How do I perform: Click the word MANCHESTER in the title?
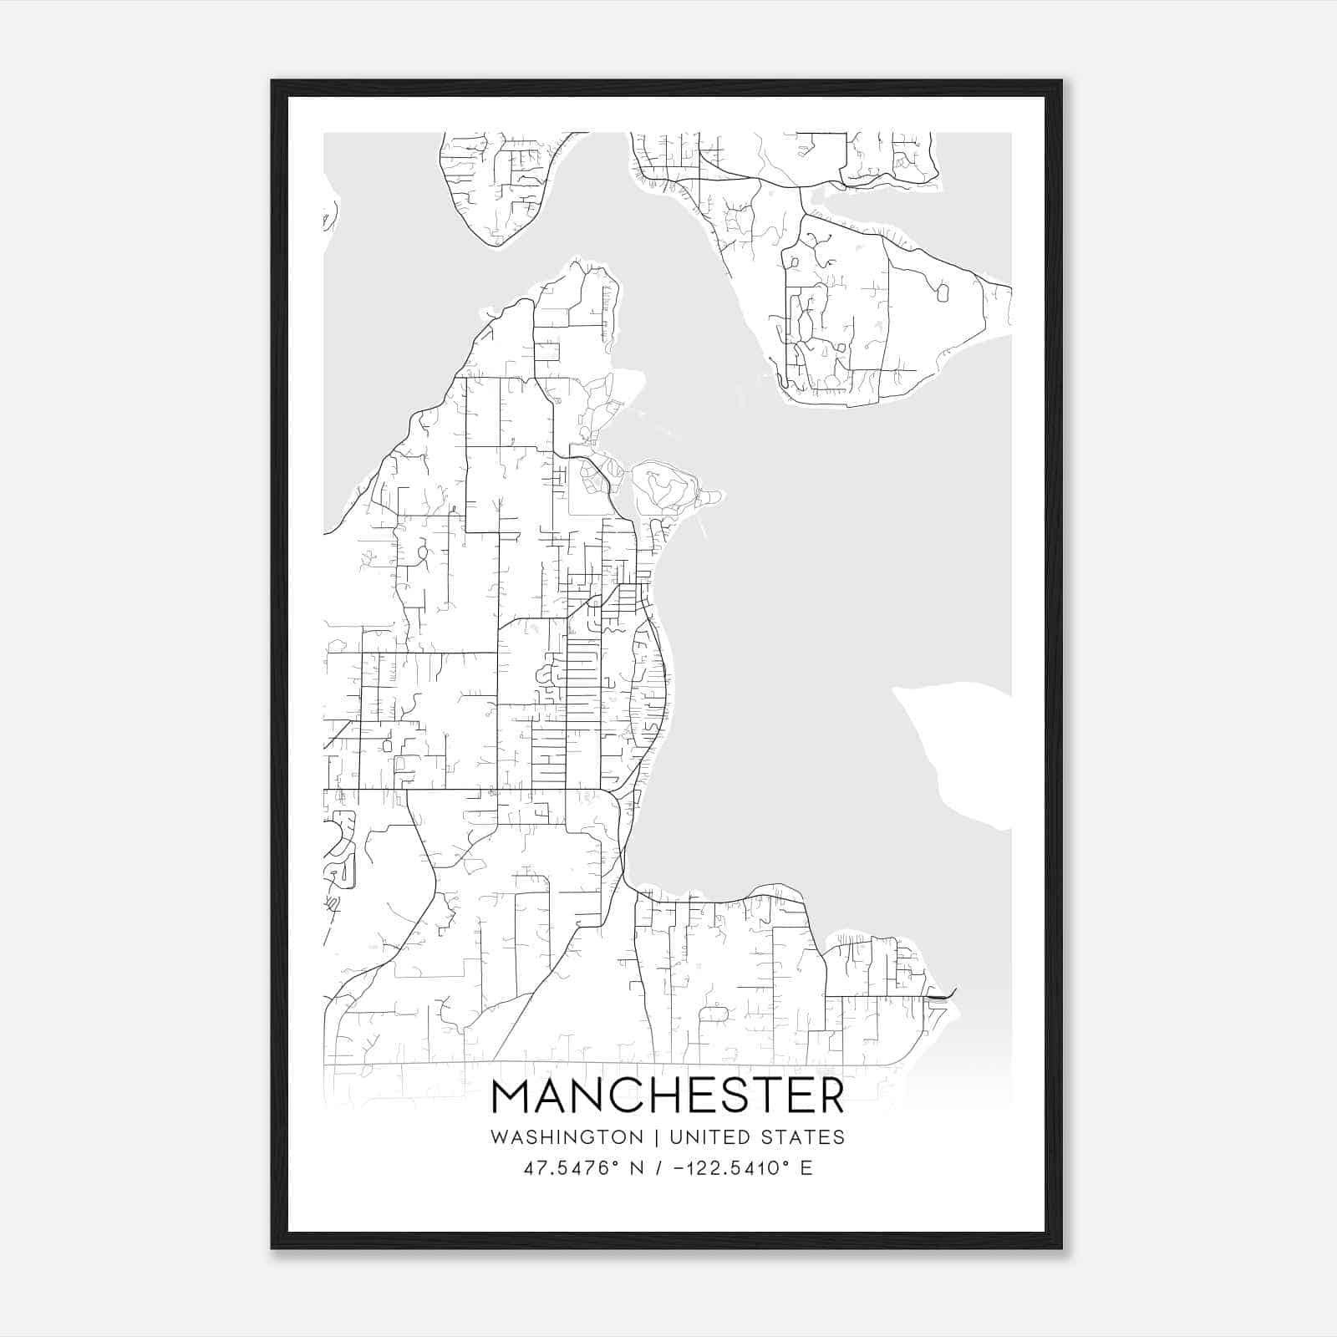[x=668, y=1096]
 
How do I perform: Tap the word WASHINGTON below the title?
[x=567, y=1137]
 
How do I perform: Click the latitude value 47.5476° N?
[x=583, y=1168]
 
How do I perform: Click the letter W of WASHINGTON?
[x=500, y=1137]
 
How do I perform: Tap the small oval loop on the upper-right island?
[x=943, y=293]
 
